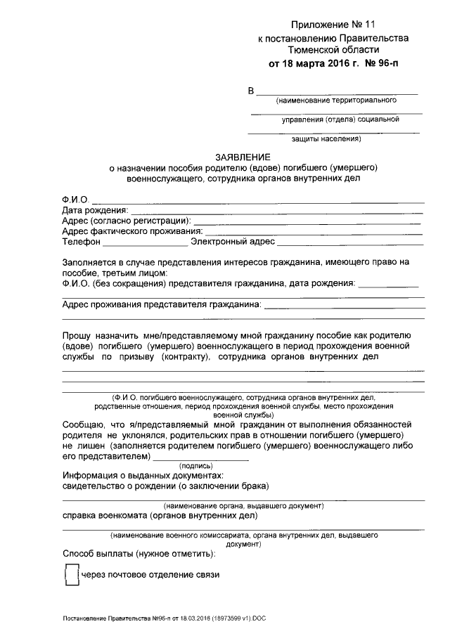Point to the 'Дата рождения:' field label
(95, 210)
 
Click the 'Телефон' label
(81, 241)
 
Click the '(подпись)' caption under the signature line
(200, 465)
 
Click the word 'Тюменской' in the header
(310, 51)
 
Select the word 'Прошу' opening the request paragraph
(77, 336)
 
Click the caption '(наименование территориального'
(337, 100)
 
